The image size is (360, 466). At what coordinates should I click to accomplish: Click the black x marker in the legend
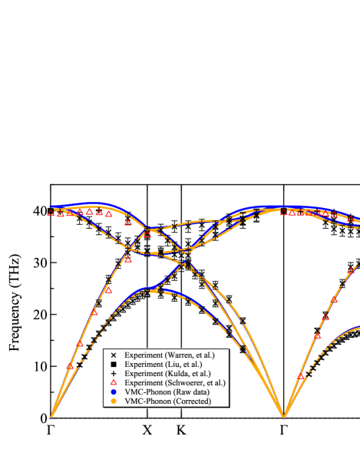(113, 355)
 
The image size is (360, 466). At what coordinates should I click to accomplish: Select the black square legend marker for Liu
(113, 365)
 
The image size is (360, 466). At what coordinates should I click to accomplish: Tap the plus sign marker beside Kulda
(113, 374)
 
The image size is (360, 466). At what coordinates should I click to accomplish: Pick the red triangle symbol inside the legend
(113, 382)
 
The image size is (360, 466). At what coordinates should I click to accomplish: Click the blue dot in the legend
(113, 392)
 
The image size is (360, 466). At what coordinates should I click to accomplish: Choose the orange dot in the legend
(113, 401)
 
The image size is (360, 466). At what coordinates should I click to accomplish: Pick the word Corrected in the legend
(193, 401)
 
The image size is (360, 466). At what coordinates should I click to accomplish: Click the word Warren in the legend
(176, 355)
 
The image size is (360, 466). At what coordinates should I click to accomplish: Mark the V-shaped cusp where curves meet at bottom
(284, 417)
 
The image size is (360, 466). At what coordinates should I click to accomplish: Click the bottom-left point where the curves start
(51, 417)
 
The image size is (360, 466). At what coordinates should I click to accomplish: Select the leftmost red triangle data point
(51, 213)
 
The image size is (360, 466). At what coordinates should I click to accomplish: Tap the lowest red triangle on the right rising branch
(302, 376)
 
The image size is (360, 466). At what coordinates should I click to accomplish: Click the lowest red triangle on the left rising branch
(70, 366)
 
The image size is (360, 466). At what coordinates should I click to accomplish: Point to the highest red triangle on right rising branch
(350, 270)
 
